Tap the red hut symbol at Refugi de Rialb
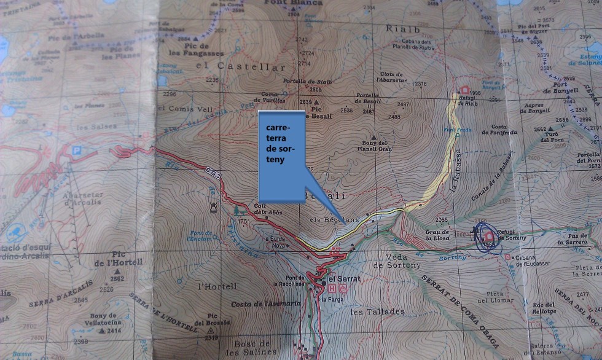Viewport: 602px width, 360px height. pos(465,91)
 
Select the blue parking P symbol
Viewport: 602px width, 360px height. pos(76,149)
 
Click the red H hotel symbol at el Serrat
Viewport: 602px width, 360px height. pos(332,288)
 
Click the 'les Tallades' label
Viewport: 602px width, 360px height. pos(377,311)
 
